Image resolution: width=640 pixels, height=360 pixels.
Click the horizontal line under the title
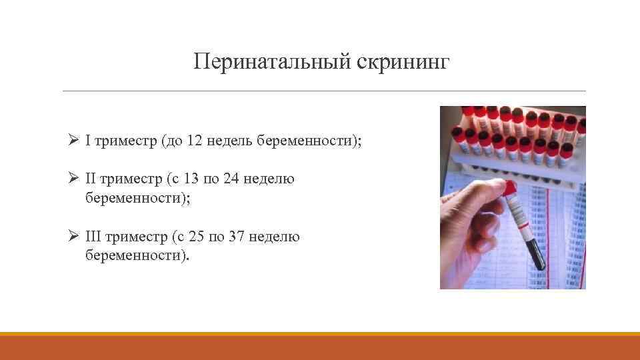click(x=324, y=91)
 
